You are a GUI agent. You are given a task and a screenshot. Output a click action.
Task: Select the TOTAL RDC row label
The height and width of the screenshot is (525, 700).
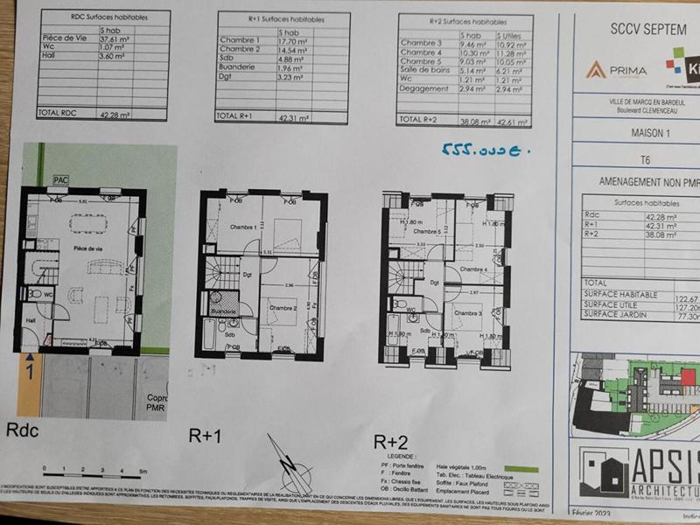click(x=59, y=113)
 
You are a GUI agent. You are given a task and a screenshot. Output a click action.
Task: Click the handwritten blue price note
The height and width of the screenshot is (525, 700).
click(x=488, y=150)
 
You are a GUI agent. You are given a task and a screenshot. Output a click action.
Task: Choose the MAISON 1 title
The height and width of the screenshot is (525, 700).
click(x=646, y=134)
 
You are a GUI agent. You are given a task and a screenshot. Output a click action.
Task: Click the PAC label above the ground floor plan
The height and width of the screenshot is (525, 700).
click(x=60, y=179)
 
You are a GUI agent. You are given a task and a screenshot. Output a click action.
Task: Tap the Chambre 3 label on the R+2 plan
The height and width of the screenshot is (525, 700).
click(x=467, y=313)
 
